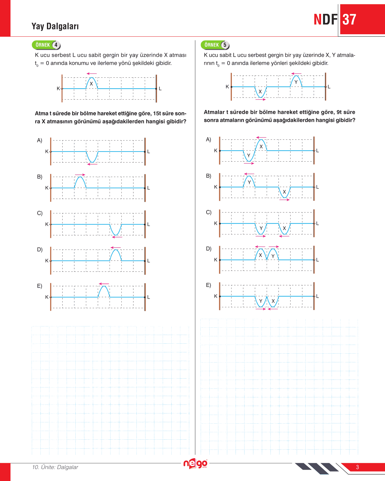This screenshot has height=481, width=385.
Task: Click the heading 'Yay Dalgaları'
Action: (55, 26)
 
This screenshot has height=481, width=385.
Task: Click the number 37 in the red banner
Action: (349, 20)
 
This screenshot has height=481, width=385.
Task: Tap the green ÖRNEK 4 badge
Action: (46, 45)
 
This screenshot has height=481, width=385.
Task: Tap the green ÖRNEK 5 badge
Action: (215, 45)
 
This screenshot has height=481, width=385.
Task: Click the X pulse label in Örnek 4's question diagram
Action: (91, 84)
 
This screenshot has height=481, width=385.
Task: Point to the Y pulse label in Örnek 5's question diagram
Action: (296, 82)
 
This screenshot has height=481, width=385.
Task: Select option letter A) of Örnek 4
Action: (40, 140)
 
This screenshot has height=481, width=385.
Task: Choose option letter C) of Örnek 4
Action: (40, 213)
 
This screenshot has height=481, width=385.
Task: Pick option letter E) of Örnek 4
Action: (40, 286)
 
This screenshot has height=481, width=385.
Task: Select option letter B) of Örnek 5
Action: (209, 176)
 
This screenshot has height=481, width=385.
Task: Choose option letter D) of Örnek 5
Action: (209, 249)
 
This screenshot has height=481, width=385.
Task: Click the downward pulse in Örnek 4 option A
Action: (92, 157)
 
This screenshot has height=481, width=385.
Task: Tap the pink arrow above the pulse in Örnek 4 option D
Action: (115, 247)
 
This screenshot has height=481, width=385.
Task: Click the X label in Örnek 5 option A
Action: (261, 147)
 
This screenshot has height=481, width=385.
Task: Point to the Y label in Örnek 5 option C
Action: (261, 228)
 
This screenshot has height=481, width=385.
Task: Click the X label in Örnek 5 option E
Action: (273, 301)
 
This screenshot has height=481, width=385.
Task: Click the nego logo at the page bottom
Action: (195, 463)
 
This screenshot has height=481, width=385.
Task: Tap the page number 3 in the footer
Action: (357, 467)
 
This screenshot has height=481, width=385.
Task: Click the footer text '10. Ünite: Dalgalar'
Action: (55, 467)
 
